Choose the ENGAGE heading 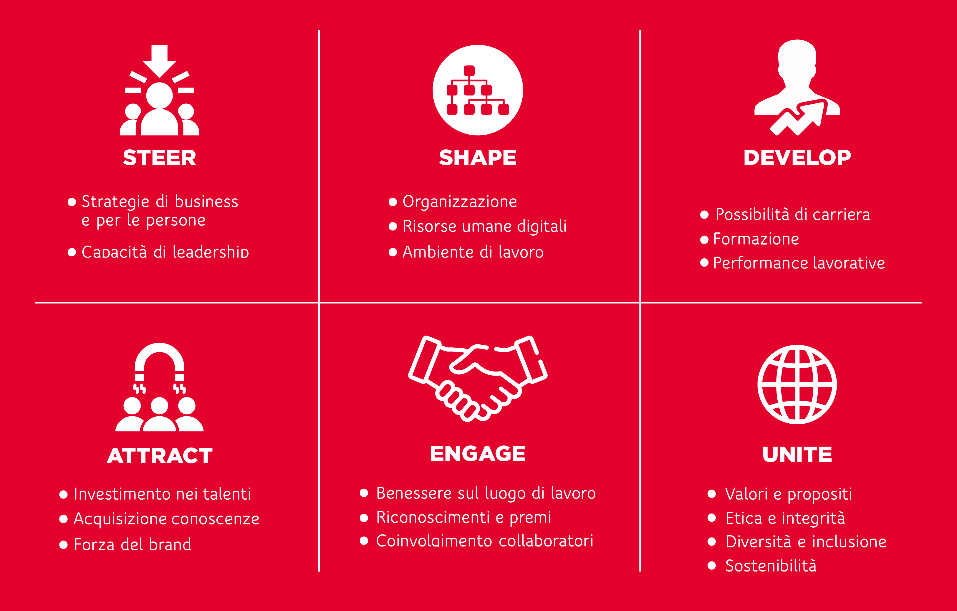coord(478,454)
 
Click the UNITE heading coord(797,454)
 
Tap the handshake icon coord(478,379)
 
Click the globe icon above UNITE coord(797,384)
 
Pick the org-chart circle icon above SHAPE coord(478,90)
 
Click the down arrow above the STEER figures coord(159,61)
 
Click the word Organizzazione coord(460,202)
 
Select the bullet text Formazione coord(756,239)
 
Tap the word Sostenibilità coord(771,565)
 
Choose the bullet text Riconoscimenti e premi coord(464,517)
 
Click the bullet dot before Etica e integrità coord(712,518)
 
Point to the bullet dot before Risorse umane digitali coord(393,227)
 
